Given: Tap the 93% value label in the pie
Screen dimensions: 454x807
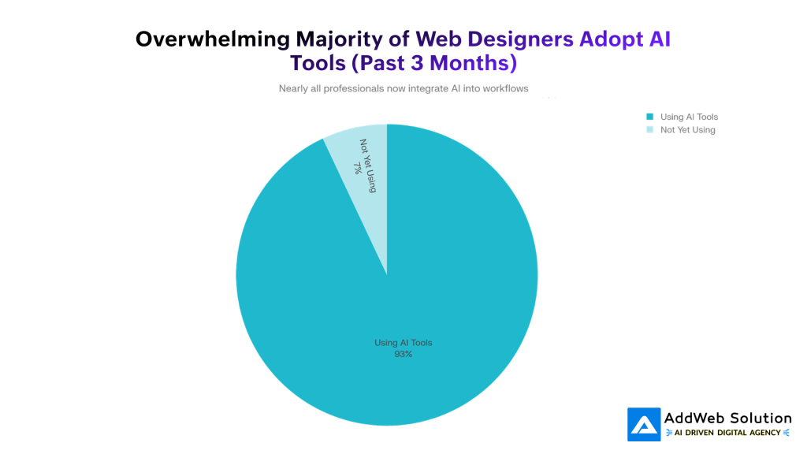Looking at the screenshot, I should (x=403, y=354).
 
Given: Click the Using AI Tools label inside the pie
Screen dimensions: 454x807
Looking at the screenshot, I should (x=403, y=343).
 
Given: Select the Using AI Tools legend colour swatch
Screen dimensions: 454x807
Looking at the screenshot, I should (x=650, y=117).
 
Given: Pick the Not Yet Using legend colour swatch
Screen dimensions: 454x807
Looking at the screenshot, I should (x=650, y=129).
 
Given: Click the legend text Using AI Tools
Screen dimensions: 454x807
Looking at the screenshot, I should (x=689, y=117).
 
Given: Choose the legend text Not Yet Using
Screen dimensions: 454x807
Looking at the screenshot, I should (x=687, y=129).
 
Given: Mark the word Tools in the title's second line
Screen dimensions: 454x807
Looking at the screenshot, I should (x=318, y=62).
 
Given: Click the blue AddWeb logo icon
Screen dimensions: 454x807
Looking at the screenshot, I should (x=644, y=424).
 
